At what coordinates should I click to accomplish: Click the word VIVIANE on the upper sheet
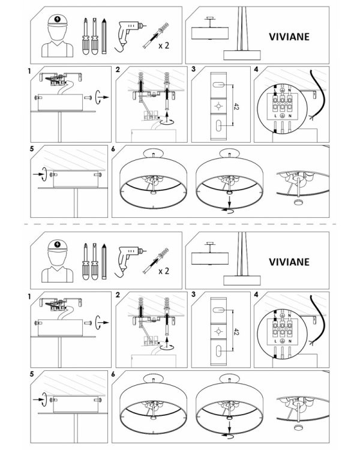289,37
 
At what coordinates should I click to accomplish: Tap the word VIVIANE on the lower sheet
289,262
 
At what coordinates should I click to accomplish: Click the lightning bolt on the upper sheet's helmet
58,19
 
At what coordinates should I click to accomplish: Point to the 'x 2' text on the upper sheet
164,46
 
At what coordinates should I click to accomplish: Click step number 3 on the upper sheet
193,69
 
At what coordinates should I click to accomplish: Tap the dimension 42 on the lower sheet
236,332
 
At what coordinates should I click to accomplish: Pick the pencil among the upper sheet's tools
104,36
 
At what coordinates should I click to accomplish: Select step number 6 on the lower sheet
113,374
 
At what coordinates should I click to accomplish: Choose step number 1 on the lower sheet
29,296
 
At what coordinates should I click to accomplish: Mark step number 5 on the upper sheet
32,149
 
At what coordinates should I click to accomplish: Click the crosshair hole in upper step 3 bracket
219,106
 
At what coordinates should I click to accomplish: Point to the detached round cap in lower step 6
299,427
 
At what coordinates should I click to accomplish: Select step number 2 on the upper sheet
118,69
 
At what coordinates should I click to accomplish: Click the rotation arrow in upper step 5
43,174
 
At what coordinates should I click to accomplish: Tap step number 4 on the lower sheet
256,295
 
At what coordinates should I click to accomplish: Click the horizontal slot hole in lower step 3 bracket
219,310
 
